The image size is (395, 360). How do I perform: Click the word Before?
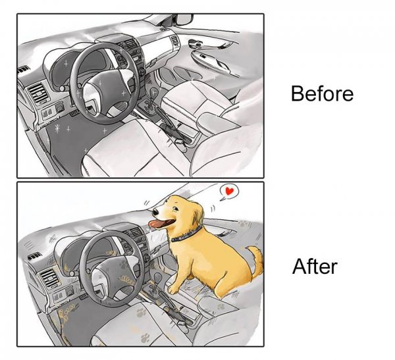point(322,93)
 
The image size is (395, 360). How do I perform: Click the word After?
point(315,267)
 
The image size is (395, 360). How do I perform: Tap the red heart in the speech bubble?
point(229,192)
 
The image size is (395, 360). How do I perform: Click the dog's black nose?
point(155,212)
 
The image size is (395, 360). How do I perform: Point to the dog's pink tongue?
point(160,223)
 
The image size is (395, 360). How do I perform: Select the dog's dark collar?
point(186,234)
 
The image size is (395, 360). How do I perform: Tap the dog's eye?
point(175,208)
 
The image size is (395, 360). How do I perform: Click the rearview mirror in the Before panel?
point(184,20)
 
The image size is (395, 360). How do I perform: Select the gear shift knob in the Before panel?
point(154,92)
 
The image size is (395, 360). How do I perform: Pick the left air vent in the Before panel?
point(39,93)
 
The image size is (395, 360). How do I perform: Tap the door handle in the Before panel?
point(195,44)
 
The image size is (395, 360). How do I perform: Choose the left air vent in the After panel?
point(50,278)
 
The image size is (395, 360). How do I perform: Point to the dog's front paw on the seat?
point(173,289)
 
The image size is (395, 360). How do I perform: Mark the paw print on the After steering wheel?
point(124,265)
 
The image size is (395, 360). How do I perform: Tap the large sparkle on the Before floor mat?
point(57,129)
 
